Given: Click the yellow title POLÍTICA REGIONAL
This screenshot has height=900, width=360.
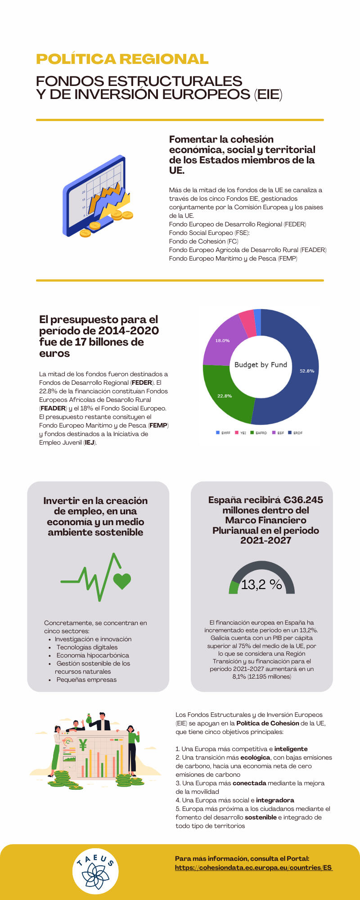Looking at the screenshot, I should click(x=122, y=59).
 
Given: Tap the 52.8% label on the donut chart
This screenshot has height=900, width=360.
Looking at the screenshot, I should click(x=307, y=371).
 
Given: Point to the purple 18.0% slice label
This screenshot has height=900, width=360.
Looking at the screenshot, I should click(x=222, y=341).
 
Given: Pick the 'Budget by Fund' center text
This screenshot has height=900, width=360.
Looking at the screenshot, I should click(x=261, y=364).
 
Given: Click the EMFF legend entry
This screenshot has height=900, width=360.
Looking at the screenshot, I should click(x=223, y=433).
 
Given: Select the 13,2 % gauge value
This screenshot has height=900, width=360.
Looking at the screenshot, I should click(x=261, y=585).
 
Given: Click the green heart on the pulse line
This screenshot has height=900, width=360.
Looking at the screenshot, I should click(x=122, y=581).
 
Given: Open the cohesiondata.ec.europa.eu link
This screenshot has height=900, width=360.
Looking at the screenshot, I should click(x=253, y=868).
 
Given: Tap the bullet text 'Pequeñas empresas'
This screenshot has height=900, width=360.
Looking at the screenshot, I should click(x=86, y=679).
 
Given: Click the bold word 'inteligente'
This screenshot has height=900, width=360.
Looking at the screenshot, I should click(x=291, y=749).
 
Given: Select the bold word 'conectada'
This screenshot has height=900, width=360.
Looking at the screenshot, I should click(x=249, y=783).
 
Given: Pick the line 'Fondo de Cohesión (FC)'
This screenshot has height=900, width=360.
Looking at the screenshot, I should click(x=204, y=241).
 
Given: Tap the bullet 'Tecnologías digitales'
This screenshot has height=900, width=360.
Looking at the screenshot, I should click(x=87, y=647).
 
